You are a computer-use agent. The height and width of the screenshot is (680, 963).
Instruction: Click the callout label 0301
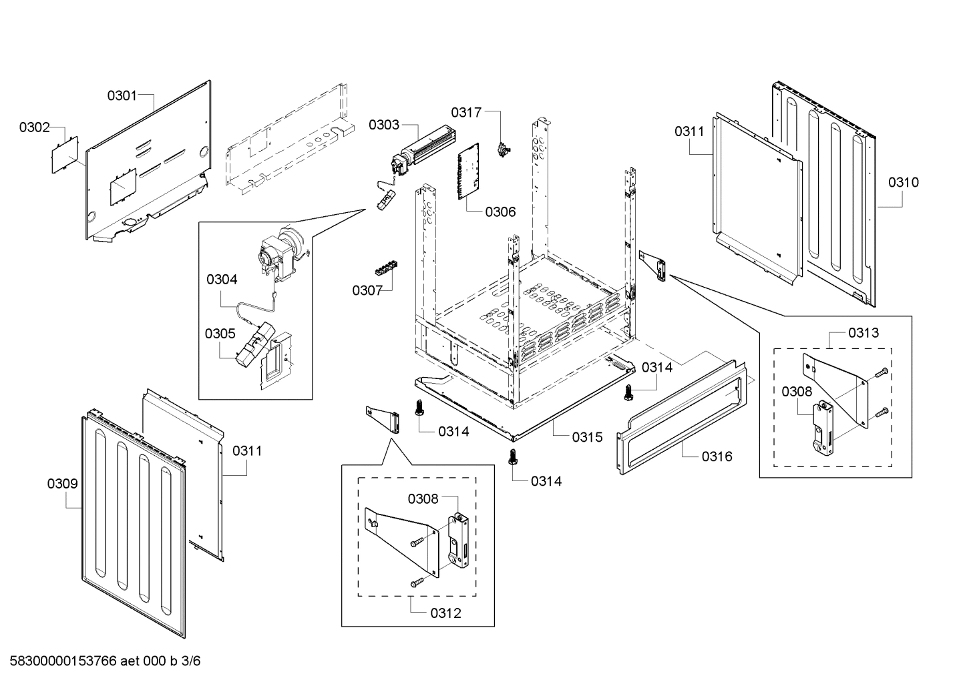(122, 95)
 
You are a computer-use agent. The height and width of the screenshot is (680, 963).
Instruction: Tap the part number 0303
(384, 125)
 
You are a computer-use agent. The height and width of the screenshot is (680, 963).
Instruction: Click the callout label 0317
(465, 112)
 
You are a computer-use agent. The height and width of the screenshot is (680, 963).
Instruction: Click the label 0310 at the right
(903, 182)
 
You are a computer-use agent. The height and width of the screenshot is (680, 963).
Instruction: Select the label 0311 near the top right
(689, 131)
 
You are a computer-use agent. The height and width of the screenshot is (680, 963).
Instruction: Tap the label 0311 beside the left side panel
(247, 451)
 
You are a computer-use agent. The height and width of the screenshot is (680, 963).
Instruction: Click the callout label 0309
(62, 484)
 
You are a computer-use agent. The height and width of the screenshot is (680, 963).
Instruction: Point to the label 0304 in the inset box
(222, 280)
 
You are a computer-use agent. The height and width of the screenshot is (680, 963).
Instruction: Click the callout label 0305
(220, 333)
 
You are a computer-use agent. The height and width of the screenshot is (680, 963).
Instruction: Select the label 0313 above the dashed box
(863, 332)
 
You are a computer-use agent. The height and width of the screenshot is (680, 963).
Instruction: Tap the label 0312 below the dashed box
(445, 613)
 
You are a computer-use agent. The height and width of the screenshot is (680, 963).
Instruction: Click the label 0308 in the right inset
(797, 392)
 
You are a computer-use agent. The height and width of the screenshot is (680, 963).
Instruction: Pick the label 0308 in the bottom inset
(423, 498)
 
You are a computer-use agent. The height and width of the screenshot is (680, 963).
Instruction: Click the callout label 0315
(587, 437)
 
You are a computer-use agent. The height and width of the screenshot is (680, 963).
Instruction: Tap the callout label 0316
(717, 456)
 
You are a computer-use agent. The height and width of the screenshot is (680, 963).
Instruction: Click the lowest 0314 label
(546, 481)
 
